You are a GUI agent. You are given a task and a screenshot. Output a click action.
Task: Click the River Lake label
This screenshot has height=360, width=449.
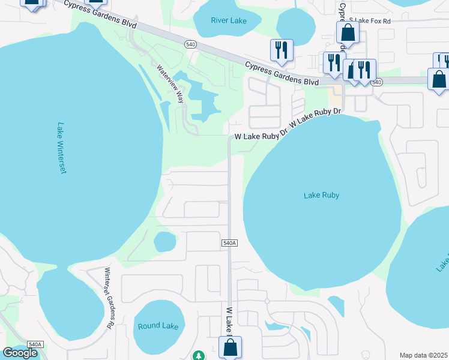[229, 20]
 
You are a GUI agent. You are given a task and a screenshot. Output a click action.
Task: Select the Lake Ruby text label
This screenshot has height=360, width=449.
[321, 195]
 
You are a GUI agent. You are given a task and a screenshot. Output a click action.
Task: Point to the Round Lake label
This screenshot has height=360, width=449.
[158, 326]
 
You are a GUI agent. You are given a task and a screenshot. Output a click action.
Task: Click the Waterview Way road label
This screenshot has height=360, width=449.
[170, 84]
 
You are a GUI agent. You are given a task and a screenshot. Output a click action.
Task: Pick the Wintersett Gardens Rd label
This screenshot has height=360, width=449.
[109, 298]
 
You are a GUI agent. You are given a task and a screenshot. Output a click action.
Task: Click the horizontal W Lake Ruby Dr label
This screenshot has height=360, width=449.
[257, 137]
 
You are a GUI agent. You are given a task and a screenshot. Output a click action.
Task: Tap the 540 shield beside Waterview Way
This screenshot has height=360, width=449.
[190, 44]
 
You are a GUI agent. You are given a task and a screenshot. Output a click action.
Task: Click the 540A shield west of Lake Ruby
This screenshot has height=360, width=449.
[230, 243]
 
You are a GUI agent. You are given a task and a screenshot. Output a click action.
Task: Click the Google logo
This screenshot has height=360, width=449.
[20, 353]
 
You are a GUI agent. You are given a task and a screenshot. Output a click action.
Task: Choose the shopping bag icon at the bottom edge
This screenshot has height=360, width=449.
[230, 346]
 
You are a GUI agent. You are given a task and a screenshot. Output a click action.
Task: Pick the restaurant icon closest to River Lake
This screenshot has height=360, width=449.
[282, 50]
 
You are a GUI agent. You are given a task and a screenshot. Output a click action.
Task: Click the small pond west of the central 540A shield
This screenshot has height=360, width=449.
[164, 242]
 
